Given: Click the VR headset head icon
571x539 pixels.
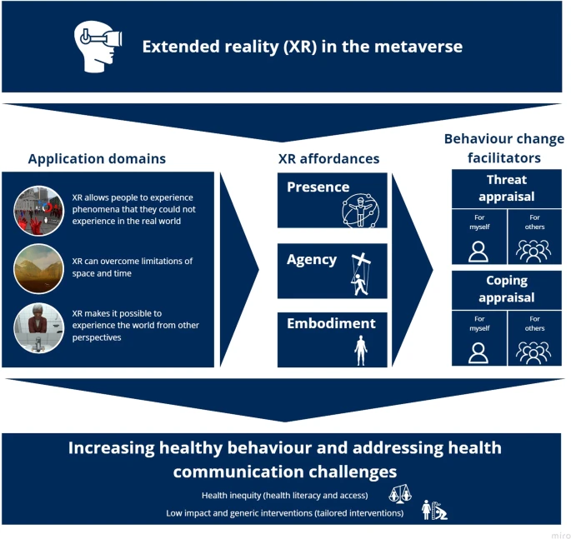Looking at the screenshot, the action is coord(98,47).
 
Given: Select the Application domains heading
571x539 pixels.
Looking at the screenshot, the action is coord(97,158).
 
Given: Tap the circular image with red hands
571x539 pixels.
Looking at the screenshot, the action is coord(38,211).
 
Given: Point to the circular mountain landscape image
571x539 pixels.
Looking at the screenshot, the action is coord(38,268).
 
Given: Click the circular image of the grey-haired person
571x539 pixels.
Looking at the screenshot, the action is coord(38,328).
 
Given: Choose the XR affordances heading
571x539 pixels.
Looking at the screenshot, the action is coord(328,158).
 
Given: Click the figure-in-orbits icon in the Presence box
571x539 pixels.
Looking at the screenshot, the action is coord(360,211).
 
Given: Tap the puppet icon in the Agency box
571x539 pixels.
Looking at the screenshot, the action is coord(360,274).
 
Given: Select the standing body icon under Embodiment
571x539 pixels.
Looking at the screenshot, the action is coord(360,351).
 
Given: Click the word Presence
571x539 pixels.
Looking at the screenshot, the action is coord(318,187).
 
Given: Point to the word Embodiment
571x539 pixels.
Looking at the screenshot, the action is coord(331,323).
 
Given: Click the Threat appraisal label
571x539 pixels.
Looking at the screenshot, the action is coord(507,188).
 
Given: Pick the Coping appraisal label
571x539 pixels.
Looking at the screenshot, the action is coord(507,289).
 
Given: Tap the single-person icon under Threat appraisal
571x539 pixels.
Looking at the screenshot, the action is coord(478,251).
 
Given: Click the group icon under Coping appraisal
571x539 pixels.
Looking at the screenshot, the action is coord(533,352).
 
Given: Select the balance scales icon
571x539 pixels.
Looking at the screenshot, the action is coord(400,494).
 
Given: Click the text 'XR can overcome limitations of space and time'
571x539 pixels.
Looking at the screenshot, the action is coord(133,267).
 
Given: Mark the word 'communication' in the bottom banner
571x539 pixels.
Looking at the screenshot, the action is coord(238,472).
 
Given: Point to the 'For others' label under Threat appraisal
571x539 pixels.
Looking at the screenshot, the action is coord(534,222).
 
